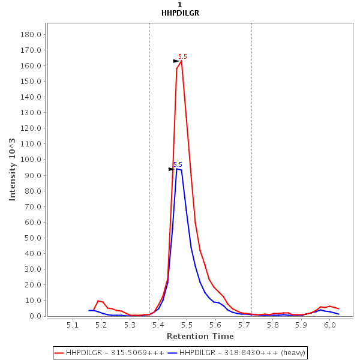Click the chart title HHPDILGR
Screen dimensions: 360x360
[180, 13]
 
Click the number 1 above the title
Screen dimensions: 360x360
[180, 5]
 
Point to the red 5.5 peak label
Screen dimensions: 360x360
[182, 56]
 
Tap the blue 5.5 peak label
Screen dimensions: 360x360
[178, 164]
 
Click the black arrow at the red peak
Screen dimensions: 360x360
[176, 61]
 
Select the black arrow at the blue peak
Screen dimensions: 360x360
[171, 169]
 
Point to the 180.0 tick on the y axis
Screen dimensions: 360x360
[30, 34]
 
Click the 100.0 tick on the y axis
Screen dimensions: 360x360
[30, 160]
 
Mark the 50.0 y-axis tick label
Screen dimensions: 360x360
[32, 238]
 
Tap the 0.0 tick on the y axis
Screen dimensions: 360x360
[34, 316]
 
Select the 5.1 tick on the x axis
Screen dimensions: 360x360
[73, 325]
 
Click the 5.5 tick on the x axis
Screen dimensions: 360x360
[187, 325]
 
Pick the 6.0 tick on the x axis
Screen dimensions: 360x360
[329, 325]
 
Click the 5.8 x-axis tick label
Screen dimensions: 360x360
[272, 325]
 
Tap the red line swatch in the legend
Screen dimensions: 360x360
[59, 353]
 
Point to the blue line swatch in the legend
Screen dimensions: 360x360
[173, 353]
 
